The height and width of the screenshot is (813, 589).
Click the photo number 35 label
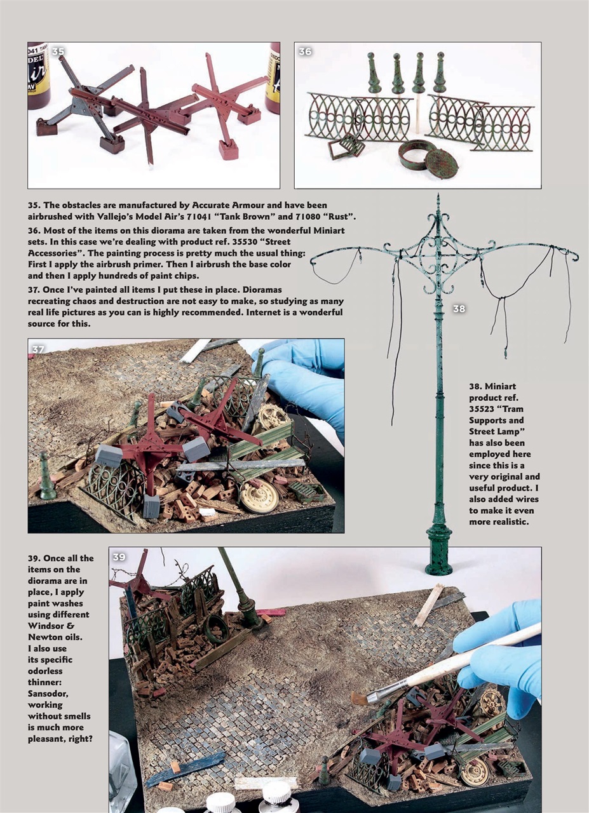(58, 51)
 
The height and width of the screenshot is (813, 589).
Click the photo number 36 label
(305, 51)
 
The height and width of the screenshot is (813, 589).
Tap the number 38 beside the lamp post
(459, 309)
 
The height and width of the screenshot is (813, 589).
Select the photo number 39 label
(119, 557)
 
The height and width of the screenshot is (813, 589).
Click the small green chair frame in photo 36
(346, 147)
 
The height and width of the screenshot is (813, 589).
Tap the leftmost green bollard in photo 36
(374, 75)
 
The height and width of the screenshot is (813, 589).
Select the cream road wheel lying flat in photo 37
(259, 497)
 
